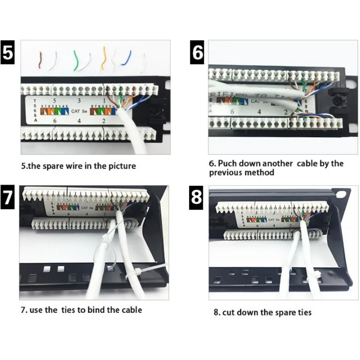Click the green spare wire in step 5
click(x=76, y=60)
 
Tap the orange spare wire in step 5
click(x=104, y=58)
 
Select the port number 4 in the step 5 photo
click(x=79, y=121)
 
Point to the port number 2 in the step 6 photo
click(x=285, y=112)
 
